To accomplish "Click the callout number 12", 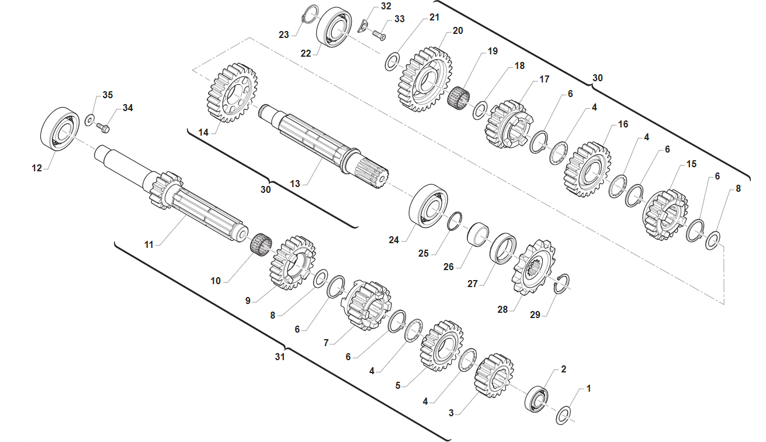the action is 37,168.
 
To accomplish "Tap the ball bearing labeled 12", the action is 60,129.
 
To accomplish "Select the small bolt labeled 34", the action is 103,128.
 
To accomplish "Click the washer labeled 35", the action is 89,119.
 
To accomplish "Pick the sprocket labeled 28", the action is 533,267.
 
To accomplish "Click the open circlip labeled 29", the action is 563,283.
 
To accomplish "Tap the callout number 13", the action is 295,184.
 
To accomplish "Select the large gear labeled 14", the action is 232,93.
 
